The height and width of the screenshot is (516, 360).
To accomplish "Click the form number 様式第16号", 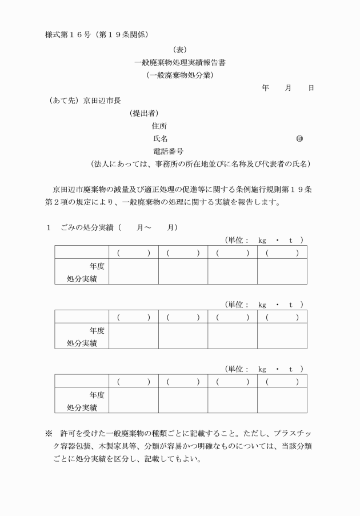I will (69, 34).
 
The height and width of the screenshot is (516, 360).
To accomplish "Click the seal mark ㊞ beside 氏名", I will (299, 139).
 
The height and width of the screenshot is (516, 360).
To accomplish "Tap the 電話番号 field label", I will (168, 151).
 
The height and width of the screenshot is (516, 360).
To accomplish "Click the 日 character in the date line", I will (310, 88).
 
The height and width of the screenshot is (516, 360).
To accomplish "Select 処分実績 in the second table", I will (82, 343).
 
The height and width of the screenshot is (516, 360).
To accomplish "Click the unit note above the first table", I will (263, 241).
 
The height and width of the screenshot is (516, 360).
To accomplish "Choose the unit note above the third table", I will (263, 370).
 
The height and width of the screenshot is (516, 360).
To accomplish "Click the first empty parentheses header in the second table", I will (134, 317).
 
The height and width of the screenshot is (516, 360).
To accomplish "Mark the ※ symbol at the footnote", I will (49, 434).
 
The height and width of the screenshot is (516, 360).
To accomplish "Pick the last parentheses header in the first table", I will (282, 253).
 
